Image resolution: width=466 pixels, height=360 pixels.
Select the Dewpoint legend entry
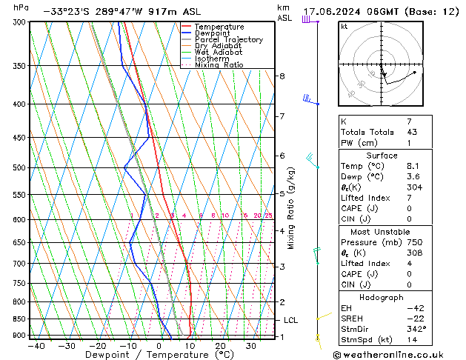coord(214,33)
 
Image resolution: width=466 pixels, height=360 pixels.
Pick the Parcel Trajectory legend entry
coord(228,40)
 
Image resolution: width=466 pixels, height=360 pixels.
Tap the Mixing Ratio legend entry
coord(219,65)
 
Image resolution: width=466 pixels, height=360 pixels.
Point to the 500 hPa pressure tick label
coord(19,168)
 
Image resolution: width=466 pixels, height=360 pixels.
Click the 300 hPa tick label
coord(19,22)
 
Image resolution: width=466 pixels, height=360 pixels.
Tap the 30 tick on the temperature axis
coord(251,346)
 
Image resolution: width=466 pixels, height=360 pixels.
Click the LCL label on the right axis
coord(291,320)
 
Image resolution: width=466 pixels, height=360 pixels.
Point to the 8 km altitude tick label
coord(282,76)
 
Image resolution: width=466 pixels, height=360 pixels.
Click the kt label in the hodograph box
coord(344,27)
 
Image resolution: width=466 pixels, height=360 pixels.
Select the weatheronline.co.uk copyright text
coord(397,354)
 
